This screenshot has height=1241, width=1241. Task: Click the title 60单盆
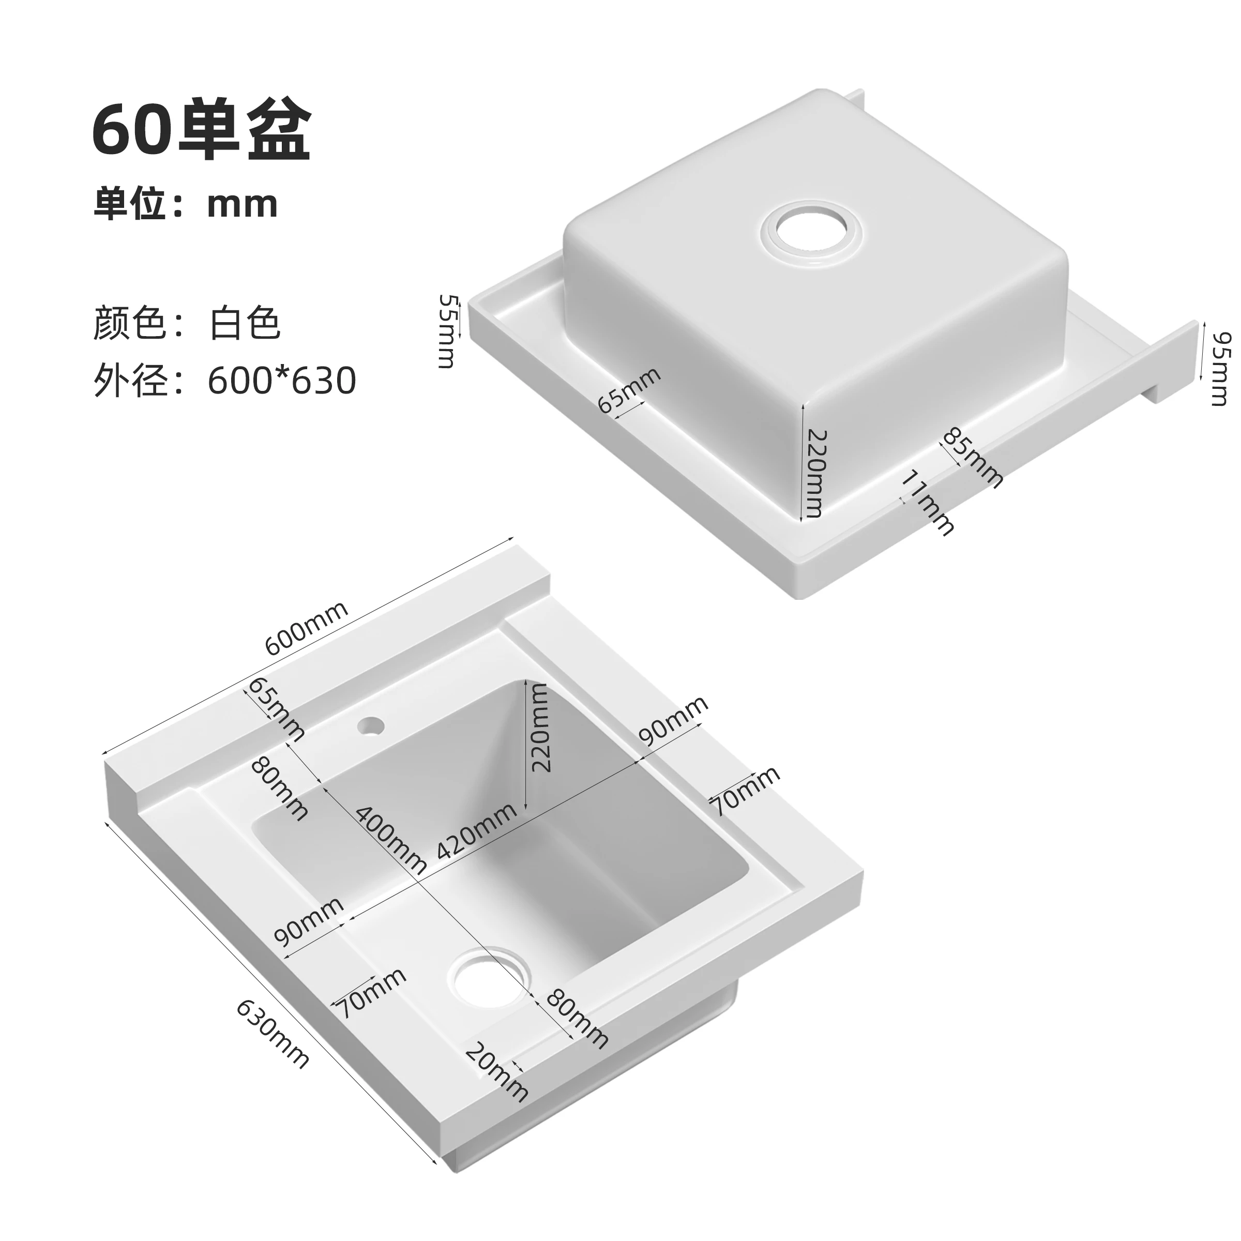click(202, 132)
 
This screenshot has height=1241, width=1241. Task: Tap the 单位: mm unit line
click(186, 204)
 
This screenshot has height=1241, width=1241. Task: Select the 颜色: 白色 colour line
click(186, 323)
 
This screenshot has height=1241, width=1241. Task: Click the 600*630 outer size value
click(282, 381)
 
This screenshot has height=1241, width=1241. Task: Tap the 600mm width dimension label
click(307, 628)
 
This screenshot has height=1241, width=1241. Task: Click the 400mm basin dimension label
click(390, 840)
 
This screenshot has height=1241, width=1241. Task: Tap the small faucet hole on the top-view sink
click(371, 727)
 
